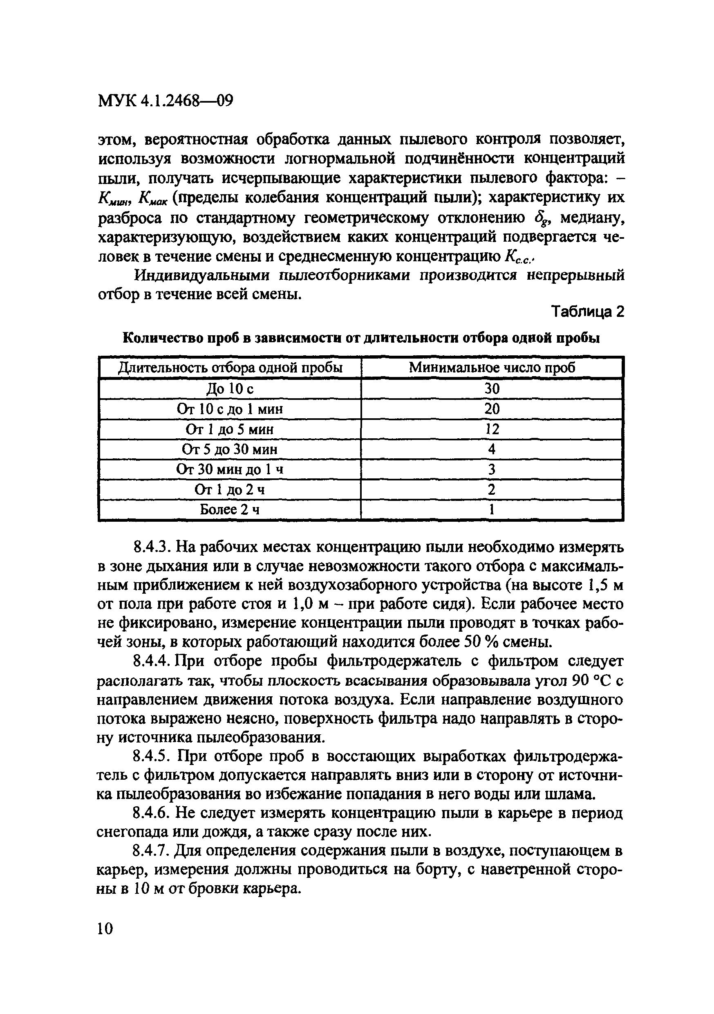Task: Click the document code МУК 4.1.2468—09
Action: [165, 101]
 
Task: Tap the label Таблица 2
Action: [588, 312]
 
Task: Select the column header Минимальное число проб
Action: [492, 368]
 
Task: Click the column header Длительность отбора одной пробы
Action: [230, 368]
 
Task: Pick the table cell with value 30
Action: [492, 389]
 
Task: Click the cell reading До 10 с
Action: [230, 389]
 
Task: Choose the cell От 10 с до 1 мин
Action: [230, 409]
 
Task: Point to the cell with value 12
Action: [492, 429]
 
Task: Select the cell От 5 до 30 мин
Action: [230, 450]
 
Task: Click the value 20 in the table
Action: [492, 409]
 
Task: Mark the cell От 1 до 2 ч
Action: [230, 490]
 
